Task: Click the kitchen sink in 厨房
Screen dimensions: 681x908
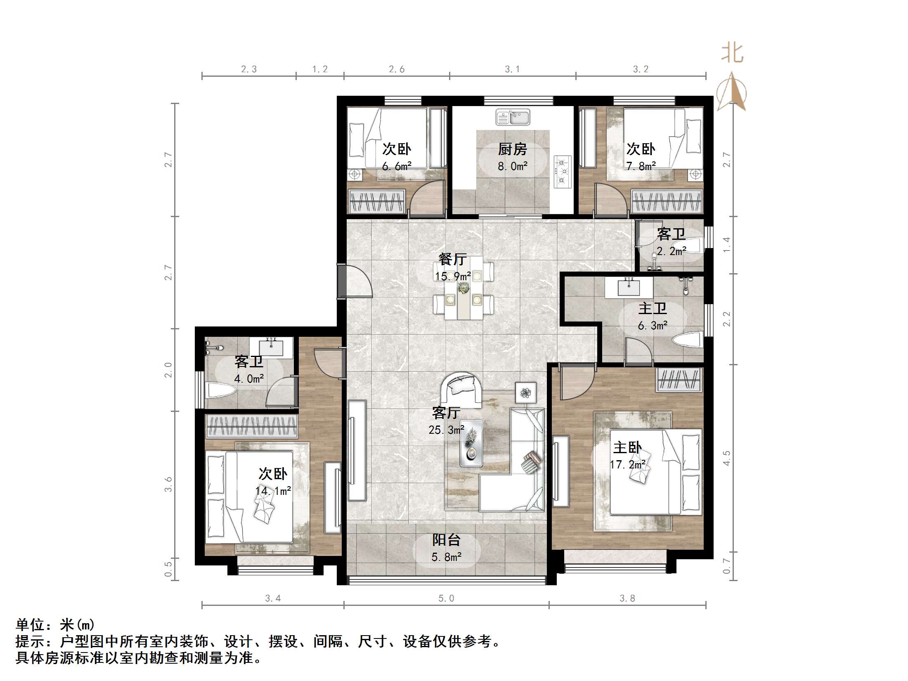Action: click(x=513, y=117)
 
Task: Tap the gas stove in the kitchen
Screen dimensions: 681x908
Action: click(x=562, y=172)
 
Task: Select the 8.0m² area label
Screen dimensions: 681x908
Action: click(x=513, y=166)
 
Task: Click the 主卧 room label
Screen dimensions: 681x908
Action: click(x=627, y=448)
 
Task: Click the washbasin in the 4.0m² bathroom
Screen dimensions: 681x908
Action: click(x=271, y=347)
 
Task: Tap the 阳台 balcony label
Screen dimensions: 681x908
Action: click(x=446, y=540)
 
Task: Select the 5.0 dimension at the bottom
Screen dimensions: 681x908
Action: click(x=446, y=598)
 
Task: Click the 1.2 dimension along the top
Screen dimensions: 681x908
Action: click(x=320, y=69)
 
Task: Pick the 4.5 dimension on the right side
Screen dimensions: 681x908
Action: click(x=727, y=458)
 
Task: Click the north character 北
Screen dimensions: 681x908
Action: click(x=732, y=54)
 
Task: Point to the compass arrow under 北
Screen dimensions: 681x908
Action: click(x=731, y=93)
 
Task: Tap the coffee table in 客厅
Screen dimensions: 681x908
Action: click(x=471, y=443)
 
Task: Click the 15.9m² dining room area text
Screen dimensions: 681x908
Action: click(x=453, y=276)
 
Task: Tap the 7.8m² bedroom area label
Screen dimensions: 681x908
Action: click(x=641, y=166)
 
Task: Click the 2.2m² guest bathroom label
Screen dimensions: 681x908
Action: click(x=672, y=251)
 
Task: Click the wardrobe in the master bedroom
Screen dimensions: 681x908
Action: click(x=679, y=380)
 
